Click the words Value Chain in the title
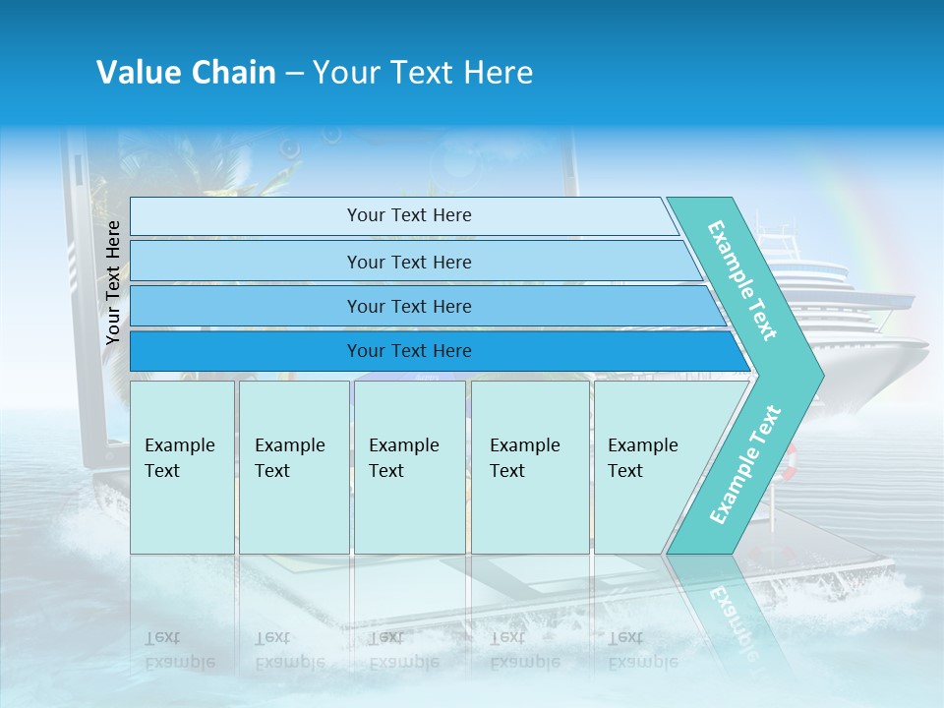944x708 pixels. tap(186, 73)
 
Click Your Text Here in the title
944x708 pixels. tap(423, 73)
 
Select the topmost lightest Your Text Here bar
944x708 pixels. tap(408, 215)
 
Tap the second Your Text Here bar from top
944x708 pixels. tap(408, 262)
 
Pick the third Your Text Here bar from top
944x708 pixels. tap(408, 306)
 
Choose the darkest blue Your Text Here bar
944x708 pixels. tap(408, 351)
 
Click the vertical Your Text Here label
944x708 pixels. tap(114, 282)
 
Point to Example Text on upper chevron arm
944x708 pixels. tap(742, 280)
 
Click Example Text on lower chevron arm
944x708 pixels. tap(745, 464)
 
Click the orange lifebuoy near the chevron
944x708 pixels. tap(790, 458)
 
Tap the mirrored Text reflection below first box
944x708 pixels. tap(162, 637)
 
